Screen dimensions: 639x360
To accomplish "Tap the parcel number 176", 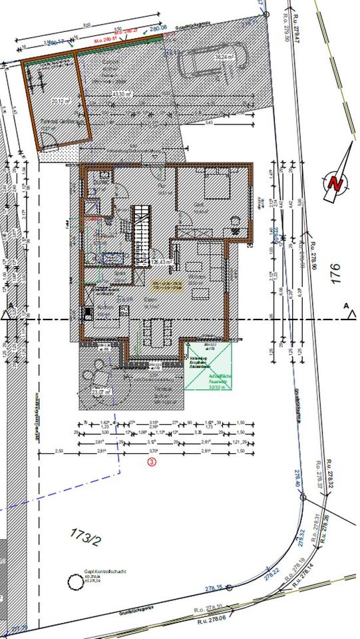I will (335, 274).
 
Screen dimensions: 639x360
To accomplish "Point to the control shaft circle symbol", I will (73, 584).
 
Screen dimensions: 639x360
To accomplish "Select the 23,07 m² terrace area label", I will (99, 393).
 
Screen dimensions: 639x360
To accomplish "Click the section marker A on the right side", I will (346, 306).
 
